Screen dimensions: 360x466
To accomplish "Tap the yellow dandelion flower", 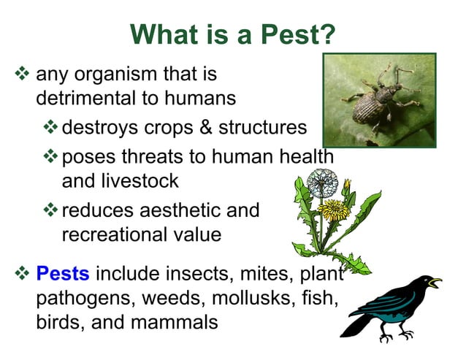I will (x=335, y=210).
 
